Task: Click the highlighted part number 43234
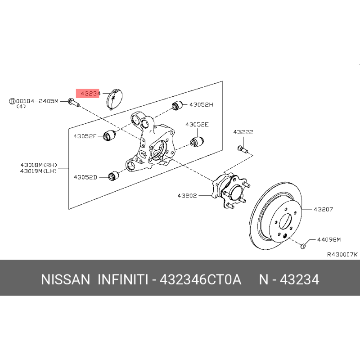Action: click(90, 94)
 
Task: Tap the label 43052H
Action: click(201, 104)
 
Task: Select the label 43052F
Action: click(85, 135)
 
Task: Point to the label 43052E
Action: click(198, 125)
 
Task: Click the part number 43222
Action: click(243, 132)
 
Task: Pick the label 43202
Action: click(188, 195)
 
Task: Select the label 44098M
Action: click(329, 239)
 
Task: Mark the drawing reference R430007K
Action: click(342, 254)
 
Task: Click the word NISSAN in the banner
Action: click(66, 280)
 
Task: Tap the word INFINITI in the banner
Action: click(123, 280)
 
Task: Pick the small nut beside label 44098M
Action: click(304, 245)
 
